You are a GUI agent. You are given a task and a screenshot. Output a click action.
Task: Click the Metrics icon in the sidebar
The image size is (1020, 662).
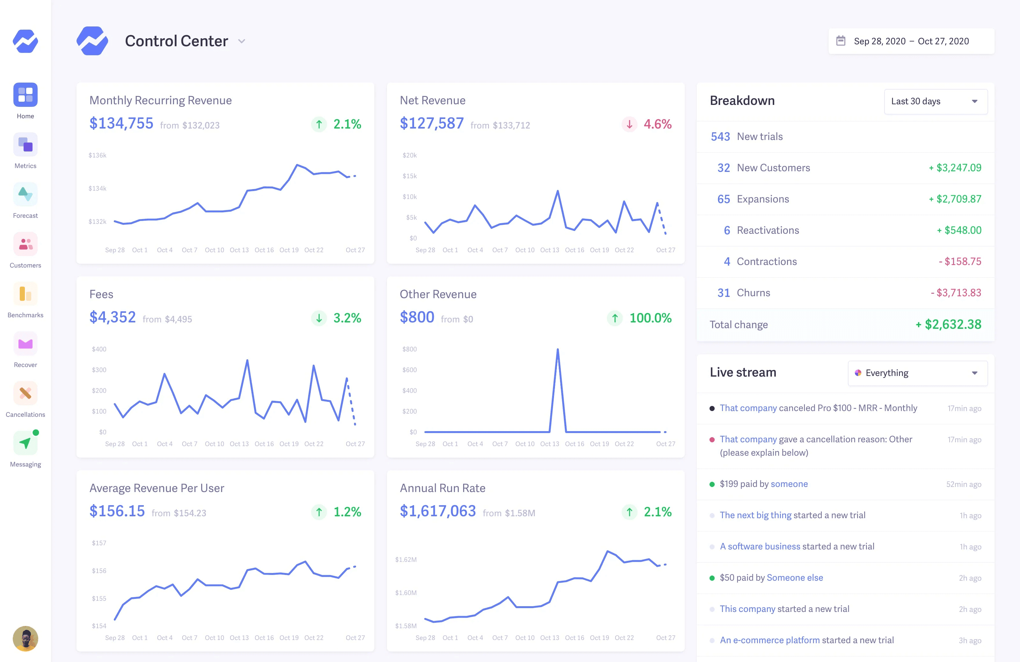coord(25,144)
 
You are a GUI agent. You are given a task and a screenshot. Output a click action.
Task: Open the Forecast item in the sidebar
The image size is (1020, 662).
coord(25,194)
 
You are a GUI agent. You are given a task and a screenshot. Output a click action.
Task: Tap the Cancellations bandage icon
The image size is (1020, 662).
coord(25,393)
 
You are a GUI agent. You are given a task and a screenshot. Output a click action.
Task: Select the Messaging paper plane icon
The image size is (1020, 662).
coord(25,443)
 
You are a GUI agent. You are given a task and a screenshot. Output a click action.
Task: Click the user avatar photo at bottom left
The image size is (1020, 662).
coord(25,638)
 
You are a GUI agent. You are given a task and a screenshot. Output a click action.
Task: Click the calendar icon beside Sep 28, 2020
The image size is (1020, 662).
coord(841,41)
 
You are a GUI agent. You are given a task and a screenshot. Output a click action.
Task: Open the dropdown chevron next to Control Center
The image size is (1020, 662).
coord(242,41)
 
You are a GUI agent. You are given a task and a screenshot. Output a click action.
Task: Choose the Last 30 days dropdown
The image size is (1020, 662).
coord(936,102)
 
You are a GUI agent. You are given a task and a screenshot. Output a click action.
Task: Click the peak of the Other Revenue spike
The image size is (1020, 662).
coord(557,349)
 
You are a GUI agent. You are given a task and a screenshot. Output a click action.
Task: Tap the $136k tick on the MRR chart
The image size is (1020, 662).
coord(97,155)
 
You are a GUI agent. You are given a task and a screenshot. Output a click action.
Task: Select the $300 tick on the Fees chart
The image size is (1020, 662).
coord(99,370)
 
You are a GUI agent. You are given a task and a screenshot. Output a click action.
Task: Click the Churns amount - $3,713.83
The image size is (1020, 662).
coord(956,293)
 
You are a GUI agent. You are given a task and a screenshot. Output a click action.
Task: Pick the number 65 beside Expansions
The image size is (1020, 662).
coord(724,199)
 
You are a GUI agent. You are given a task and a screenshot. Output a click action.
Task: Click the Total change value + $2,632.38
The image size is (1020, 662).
coord(948,325)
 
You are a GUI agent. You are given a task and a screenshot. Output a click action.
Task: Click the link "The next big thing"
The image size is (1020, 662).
coord(755,515)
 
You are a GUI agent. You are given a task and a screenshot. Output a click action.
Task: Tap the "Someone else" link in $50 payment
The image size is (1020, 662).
coord(795,577)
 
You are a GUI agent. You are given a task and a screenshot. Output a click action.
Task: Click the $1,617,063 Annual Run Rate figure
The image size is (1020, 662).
coord(438,511)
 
